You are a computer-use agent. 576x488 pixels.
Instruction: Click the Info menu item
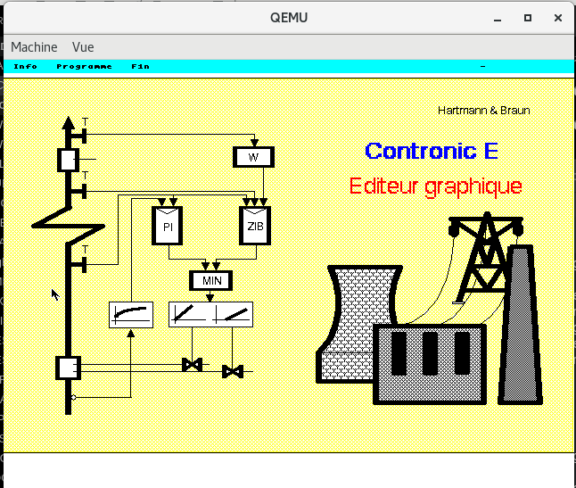[x=25, y=67]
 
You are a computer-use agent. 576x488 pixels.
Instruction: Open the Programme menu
[x=84, y=67]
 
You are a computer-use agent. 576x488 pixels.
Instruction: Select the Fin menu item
[x=140, y=67]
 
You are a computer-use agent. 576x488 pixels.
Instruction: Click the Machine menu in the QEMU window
[x=34, y=47]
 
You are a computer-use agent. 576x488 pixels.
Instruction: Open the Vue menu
[x=83, y=47]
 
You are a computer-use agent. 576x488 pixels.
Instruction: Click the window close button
[x=558, y=18]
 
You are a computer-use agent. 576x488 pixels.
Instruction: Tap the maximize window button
[x=528, y=18]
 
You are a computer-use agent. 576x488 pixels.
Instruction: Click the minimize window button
[x=498, y=19]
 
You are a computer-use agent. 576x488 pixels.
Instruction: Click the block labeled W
[x=253, y=157]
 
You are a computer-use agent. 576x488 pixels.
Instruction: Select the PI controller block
[x=167, y=226]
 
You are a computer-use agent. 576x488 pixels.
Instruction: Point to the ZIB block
[x=255, y=226]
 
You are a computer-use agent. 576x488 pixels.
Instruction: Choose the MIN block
[x=210, y=281]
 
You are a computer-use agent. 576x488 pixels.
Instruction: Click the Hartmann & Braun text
[x=484, y=111]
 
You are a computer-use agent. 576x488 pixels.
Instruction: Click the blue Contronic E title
[x=432, y=151]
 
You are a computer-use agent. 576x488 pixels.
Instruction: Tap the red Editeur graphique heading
[x=436, y=186]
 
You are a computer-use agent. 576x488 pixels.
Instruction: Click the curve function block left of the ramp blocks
[x=131, y=315]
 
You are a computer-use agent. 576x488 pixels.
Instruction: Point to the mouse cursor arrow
[x=55, y=294]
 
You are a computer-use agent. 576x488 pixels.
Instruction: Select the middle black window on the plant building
[x=430, y=353]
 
